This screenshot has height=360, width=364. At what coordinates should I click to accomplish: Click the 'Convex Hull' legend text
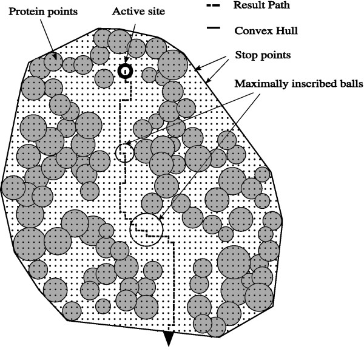[263, 29]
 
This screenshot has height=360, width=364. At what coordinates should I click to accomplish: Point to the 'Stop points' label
[263, 55]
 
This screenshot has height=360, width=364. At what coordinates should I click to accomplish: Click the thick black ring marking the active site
[125, 71]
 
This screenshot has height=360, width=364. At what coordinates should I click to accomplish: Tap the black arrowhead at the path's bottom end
[169, 340]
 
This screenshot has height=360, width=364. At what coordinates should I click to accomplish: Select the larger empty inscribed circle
[146, 229]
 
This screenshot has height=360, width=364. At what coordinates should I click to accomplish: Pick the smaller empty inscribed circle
[124, 152]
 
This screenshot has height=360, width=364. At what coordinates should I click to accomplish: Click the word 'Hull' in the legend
[280, 29]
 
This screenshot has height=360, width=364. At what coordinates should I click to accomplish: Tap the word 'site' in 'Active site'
[151, 12]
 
